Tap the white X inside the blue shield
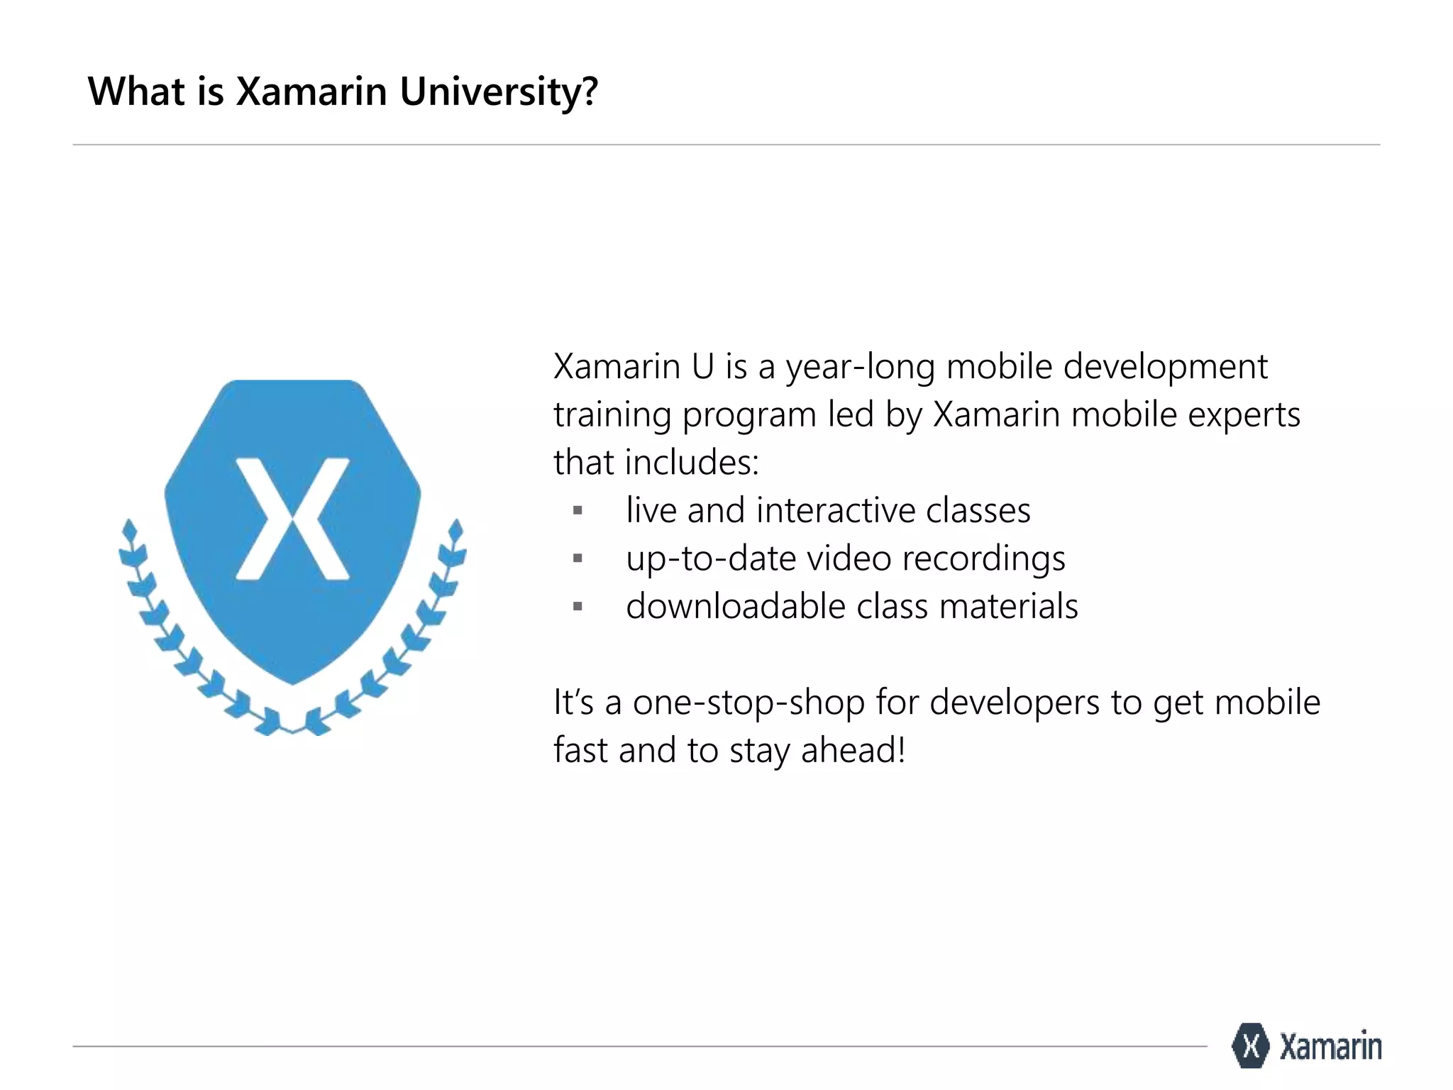(x=292, y=519)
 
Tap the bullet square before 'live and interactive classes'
(x=578, y=510)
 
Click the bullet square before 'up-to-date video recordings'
(x=578, y=558)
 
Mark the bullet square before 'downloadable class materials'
(x=578, y=606)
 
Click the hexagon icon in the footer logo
(x=1250, y=1045)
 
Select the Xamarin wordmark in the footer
(x=1330, y=1046)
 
